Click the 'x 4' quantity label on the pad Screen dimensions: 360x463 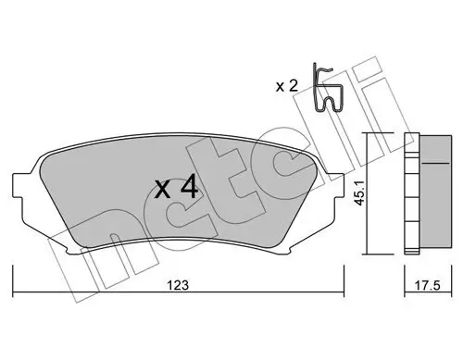(x=175, y=189)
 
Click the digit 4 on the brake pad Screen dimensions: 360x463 (x=188, y=189)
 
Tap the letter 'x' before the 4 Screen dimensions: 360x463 (x=162, y=192)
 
